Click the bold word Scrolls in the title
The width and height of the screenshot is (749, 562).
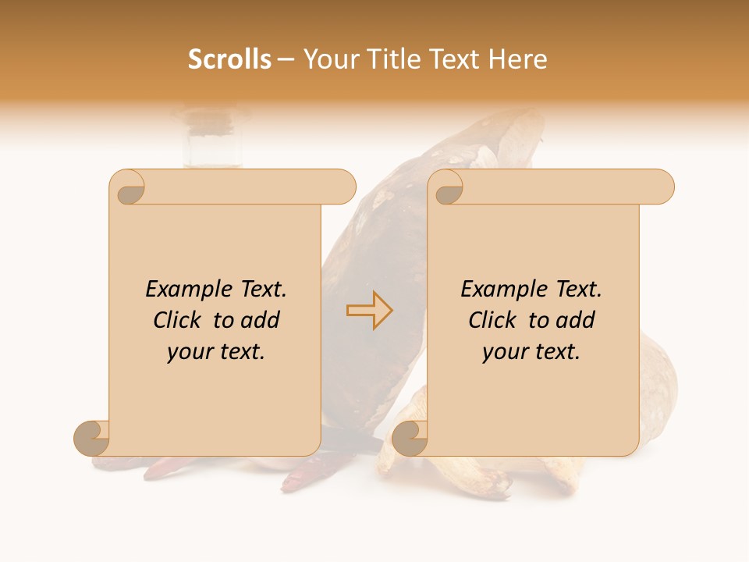tap(229, 59)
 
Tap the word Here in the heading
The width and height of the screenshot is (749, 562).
tap(518, 59)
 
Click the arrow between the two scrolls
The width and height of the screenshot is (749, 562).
tap(369, 310)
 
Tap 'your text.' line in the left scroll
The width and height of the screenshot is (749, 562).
tap(216, 351)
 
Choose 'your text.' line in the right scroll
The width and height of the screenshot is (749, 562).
tap(531, 351)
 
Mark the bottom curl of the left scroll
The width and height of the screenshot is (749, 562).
tap(92, 437)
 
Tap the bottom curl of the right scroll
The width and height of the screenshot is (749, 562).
tap(410, 437)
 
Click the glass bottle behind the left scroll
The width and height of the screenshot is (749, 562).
tap(212, 140)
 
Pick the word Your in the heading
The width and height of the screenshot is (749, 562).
tap(328, 59)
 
